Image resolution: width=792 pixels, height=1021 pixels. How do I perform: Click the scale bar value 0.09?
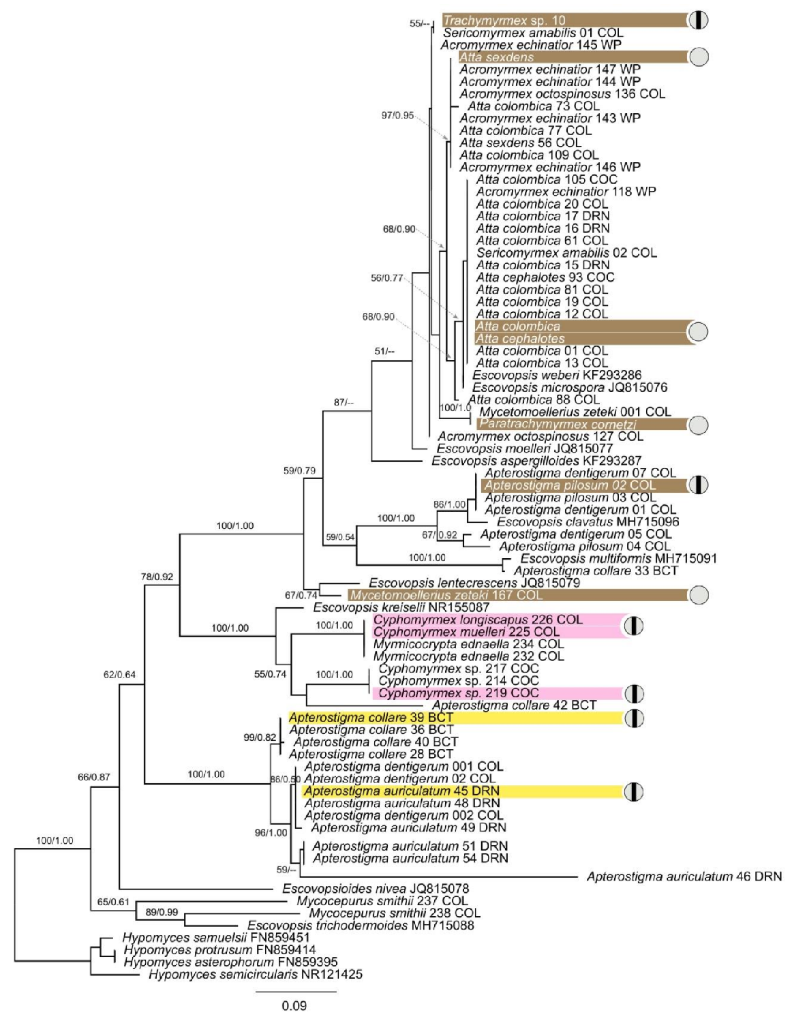[x=294, y=1005]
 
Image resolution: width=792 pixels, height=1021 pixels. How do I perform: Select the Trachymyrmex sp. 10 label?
[x=504, y=20]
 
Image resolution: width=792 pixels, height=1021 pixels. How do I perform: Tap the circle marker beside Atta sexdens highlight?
[x=699, y=57]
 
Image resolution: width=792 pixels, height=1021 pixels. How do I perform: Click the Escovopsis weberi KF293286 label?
[x=556, y=375]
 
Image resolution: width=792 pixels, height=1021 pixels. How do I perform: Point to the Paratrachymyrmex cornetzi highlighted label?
[x=558, y=424]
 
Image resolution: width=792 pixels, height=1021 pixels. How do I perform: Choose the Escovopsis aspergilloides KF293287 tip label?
[x=536, y=461]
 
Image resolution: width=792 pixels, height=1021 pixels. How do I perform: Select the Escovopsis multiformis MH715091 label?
[x=618, y=559]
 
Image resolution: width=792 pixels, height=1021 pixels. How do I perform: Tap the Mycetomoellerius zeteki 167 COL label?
[x=446, y=595]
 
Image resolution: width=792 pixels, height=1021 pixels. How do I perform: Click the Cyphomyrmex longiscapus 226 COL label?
[x=478, y=620]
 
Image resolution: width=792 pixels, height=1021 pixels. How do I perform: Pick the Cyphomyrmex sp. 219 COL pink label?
[x=458, y=693]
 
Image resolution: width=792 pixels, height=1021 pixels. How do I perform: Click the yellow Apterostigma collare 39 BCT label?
[x=371, y=718]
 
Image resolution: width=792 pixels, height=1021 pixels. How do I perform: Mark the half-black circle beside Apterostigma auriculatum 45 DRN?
[x=634, y=791]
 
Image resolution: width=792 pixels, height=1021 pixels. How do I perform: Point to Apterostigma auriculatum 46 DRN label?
[x=684, y=877]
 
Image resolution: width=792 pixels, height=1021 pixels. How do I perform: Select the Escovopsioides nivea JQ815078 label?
[x=376, y=889]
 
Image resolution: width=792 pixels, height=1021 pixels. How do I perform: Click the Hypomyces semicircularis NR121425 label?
[x=256, y=975]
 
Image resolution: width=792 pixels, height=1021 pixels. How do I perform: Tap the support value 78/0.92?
[x=157, y=577]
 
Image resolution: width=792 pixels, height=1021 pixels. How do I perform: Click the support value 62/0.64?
[x=119, y=675]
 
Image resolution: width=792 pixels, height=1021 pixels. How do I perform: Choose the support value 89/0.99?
[x=162, y=912]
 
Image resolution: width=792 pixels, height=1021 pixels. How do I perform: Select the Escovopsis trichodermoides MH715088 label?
[x=361, y=926]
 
